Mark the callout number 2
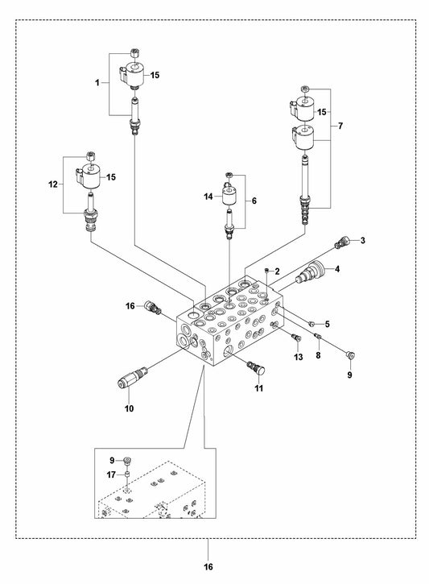point(276,271)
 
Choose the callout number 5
point(304,324)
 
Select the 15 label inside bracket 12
point(112,176)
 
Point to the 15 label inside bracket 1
point(155,74)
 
